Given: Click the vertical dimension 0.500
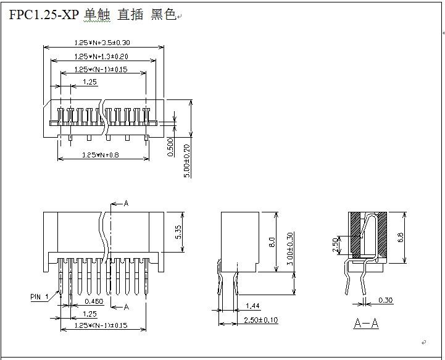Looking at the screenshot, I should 170,148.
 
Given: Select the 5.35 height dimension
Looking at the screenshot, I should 178,232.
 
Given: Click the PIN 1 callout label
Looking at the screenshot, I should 39,297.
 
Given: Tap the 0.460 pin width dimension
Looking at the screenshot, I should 94,301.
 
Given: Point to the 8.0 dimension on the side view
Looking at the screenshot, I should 272,241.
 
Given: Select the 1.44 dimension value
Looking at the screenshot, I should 252,306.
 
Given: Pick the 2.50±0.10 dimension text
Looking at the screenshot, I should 260,320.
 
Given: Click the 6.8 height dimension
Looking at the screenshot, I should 401,237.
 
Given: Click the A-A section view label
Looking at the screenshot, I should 366,323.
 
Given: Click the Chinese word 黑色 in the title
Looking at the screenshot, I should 164,15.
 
